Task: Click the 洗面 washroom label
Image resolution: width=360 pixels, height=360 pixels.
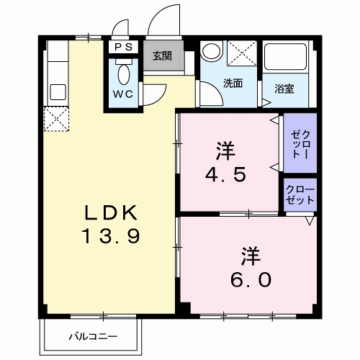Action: tap(232, 83)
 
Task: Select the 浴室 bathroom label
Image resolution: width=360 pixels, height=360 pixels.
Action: tap(284, 89)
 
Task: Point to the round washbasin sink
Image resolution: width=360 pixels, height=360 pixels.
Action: tap(211, 52)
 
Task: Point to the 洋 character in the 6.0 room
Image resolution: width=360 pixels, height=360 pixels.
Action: tap(250, 255)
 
